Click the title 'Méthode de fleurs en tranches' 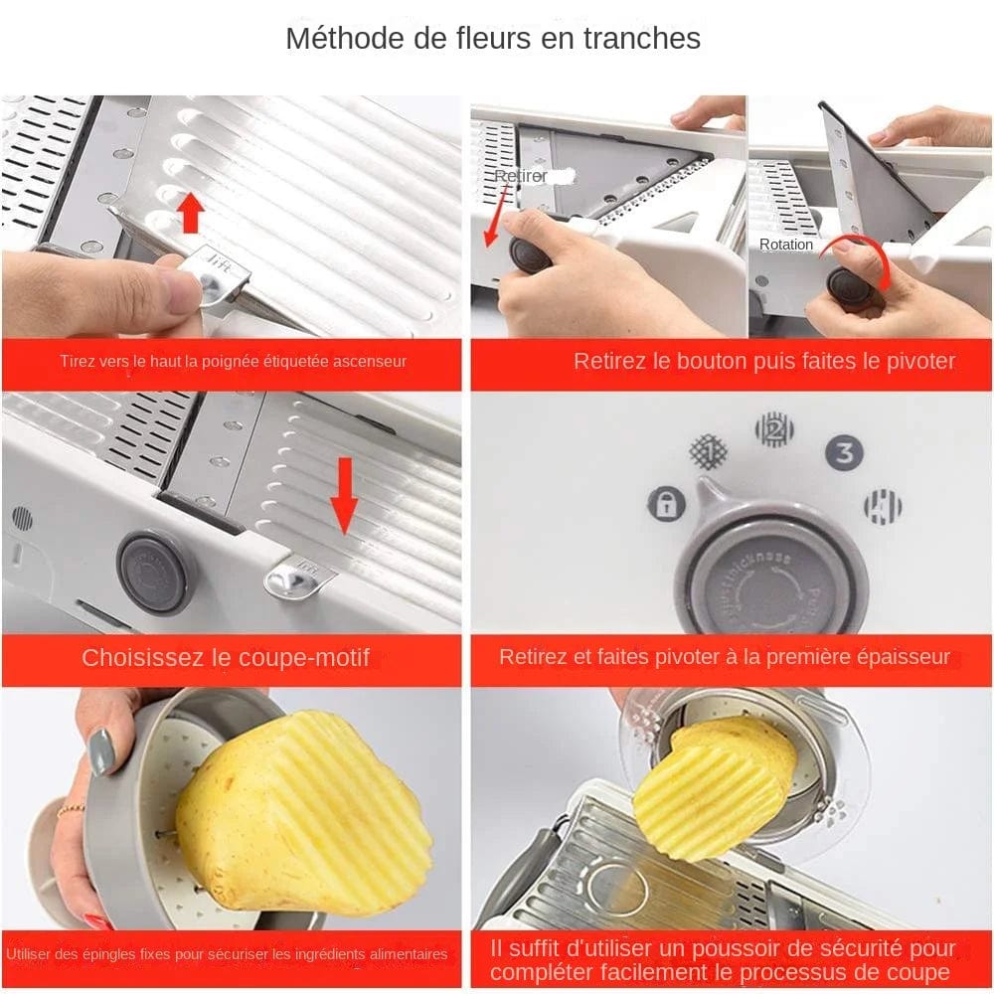click(x=493, y=39)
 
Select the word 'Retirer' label click(x=522, y=176)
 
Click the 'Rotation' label click(x=786, y=245)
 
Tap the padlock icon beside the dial click(x=666, y=503)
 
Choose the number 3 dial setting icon click(x=844, y=454)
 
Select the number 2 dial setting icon click(x=774, y=429)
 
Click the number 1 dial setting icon click(x=709, y=451)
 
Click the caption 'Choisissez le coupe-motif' click(x=226, y=658)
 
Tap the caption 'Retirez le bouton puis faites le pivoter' click(x=763, y=362)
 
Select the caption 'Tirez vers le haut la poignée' click(x=233, y=362)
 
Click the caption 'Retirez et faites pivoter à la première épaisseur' click(x=725, y=658)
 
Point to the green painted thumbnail click(x=100, y=751)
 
